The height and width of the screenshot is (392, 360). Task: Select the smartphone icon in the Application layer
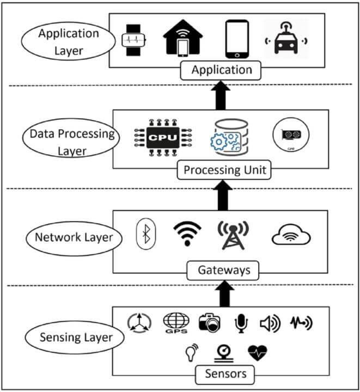point(237,40)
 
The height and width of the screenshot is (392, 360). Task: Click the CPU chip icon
point(163,137)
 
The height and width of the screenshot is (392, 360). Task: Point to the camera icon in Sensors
point(209,323)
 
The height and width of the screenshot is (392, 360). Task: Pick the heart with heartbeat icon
point(258,352)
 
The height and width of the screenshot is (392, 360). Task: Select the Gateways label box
point(221,269)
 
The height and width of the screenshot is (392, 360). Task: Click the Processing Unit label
point(224,170)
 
